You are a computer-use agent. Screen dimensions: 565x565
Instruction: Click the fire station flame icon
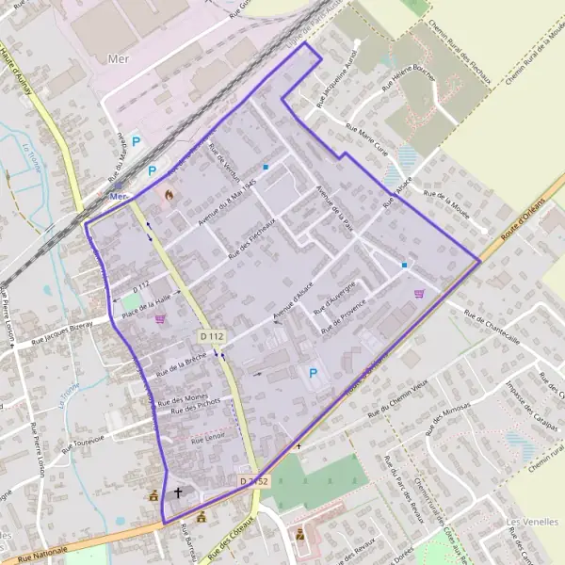pos(169,194)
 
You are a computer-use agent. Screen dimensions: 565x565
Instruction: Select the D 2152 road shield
pos(253,481)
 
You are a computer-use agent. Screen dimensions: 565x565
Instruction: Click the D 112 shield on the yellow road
pos(211,336)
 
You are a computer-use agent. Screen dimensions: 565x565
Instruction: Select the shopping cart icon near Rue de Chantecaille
pos(419,293)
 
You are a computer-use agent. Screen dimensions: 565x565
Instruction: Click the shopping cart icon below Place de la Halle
pos(161,318)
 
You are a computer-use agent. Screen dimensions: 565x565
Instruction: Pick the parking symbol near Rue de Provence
pos(314,373)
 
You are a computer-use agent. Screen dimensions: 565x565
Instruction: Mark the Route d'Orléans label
pos(523,222)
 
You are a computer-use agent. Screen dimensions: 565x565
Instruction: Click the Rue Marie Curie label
pos(367,138)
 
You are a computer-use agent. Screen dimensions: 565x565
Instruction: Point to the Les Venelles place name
pos(525,522)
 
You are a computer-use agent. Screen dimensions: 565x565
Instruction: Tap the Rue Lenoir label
pos(208,439)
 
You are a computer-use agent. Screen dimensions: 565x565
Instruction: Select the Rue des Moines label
pos(184,398)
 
